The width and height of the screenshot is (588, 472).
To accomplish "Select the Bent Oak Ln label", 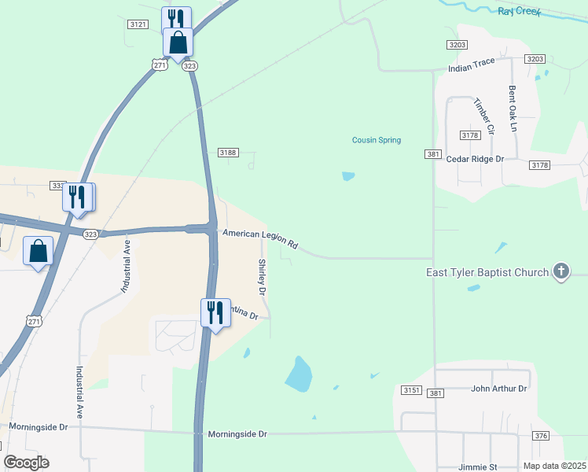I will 513,108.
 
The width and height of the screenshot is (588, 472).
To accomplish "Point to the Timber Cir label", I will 483,116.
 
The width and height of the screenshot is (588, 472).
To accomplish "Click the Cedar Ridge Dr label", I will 475,159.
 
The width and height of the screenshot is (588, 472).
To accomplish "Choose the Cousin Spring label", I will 376,141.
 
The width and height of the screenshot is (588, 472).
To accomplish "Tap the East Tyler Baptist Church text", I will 487,273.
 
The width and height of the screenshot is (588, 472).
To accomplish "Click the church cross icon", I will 560,272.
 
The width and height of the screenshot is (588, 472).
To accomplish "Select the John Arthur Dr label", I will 498,389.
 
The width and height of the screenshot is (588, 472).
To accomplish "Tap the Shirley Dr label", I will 263,278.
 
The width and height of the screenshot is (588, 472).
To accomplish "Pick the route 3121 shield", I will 138,25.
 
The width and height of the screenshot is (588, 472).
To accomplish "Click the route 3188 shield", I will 227,153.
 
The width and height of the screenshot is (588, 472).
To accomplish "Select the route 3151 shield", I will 410,391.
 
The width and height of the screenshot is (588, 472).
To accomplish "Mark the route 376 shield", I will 540,436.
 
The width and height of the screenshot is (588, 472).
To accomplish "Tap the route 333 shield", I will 57,186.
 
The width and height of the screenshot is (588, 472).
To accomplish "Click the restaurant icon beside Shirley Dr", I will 212,312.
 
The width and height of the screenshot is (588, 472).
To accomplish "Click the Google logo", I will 26,463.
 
